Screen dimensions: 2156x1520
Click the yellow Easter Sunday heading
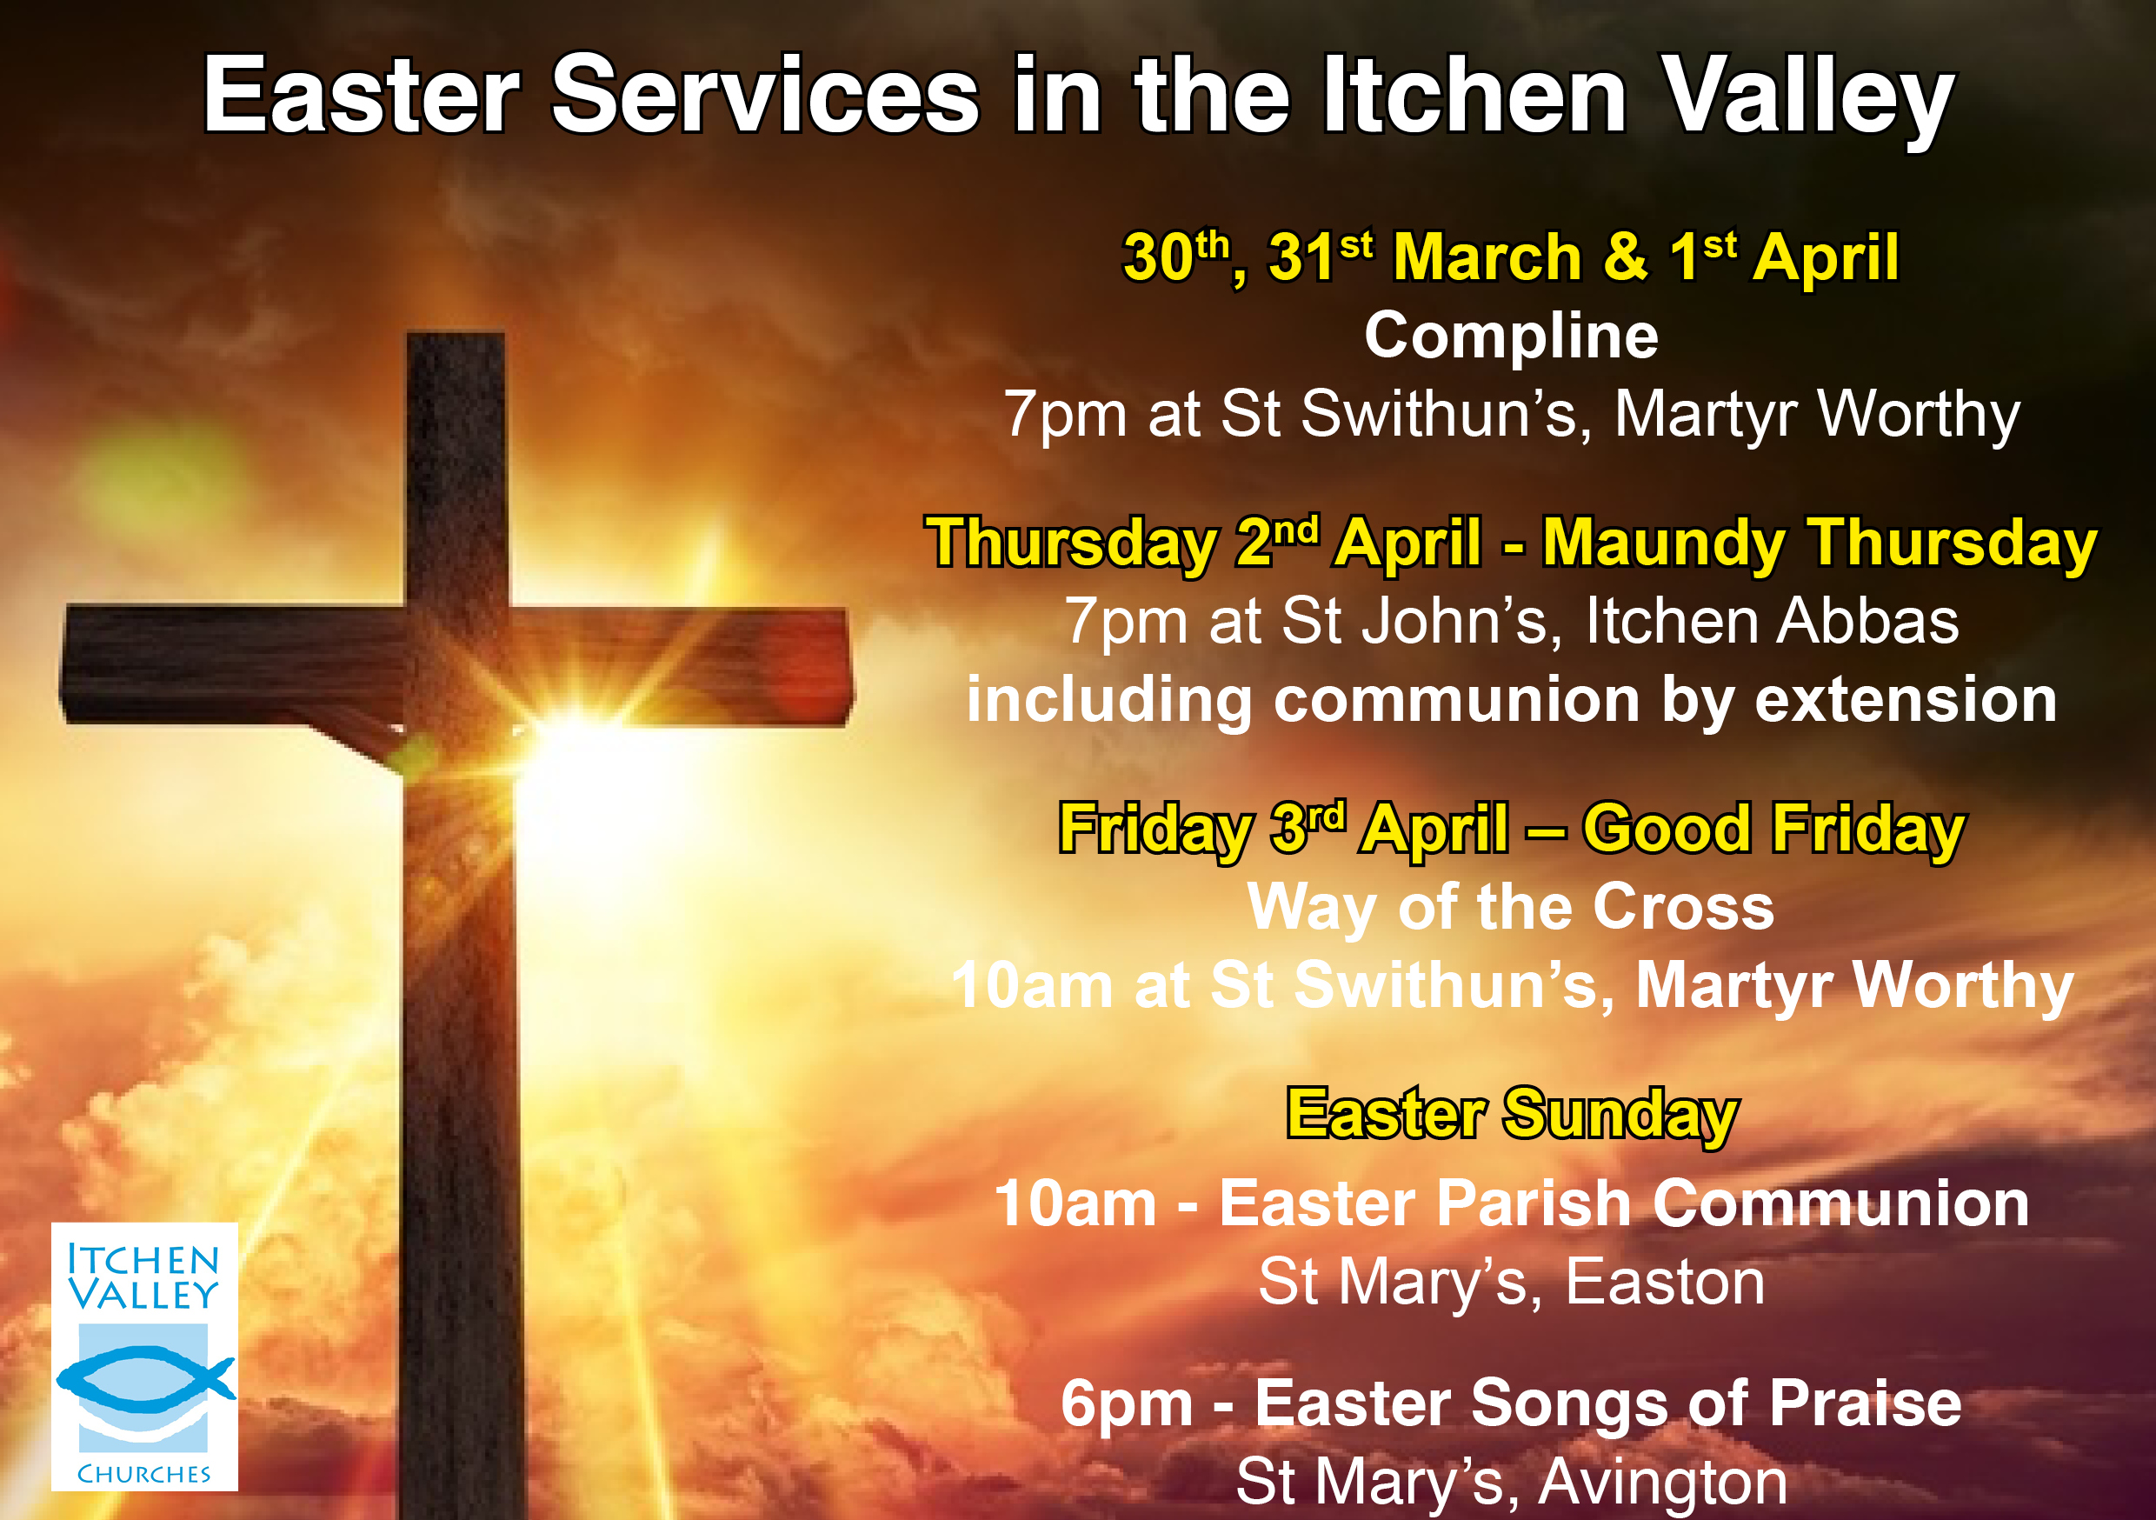pos(1512,1114)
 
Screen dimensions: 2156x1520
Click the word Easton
pos(1665,1283)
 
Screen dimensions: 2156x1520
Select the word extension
pos(1906,701)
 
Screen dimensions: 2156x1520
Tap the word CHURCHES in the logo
pos(143,1474)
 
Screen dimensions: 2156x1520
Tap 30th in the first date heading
pos(1176,256)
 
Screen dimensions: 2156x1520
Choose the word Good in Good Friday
pos(1666,830)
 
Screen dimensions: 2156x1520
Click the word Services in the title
pos(765,97)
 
